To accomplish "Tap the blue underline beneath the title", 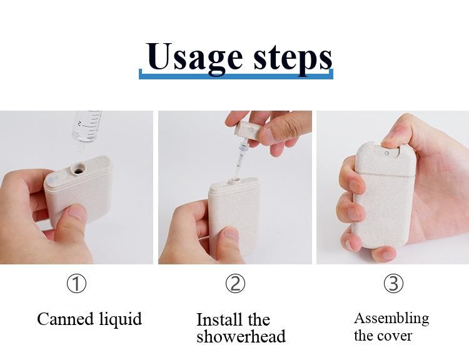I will click(236, 75).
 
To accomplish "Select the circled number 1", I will click(76, 284).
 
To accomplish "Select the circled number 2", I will click(235, 284).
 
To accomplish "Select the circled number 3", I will click(393, 284).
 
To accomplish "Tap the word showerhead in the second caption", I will click(241, 336).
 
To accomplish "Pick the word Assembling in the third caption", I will click(391, 318).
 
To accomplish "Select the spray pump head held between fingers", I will click(248, 132).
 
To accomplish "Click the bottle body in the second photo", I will click(234, 216).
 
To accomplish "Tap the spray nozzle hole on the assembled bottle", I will click(386, 152).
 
